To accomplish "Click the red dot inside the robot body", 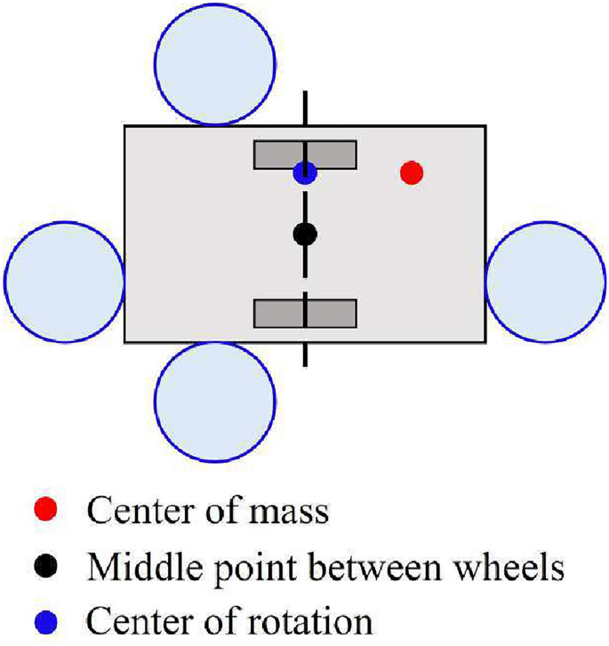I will point(410,172).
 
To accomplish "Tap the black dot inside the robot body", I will point(305,235).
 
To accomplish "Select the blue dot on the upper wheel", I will point(305,172).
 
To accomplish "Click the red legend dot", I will point(50,510).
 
